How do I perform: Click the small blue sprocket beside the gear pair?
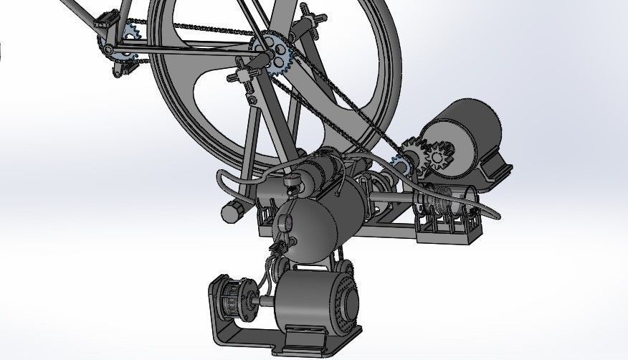tap(399, 165)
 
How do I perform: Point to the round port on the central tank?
tap(285, 224)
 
